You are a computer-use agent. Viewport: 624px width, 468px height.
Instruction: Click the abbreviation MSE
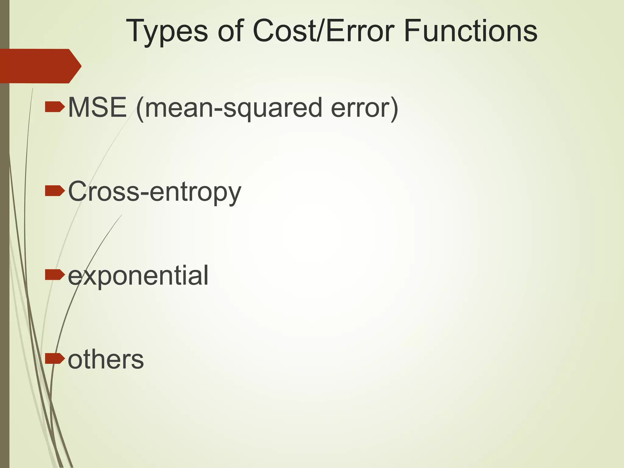pos(97,107)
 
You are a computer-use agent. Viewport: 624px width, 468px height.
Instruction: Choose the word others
pos(106,360)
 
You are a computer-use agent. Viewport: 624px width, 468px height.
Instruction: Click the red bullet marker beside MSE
pos(55,107)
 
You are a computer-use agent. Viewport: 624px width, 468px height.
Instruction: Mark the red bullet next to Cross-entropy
pos(55,191)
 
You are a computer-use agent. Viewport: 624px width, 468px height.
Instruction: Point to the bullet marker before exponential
pos(55,275)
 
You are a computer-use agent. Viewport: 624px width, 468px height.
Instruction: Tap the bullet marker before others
pos(55,359)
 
